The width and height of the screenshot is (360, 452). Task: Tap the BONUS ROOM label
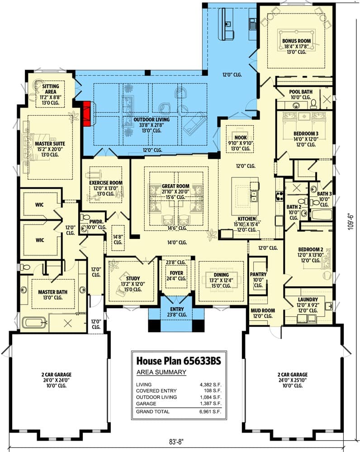296,41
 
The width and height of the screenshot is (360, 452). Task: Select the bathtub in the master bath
34,323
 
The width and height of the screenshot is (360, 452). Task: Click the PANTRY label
258,274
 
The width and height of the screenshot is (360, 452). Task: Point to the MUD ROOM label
262,310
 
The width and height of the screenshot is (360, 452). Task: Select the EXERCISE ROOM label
106,183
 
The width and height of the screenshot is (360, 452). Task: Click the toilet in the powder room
84,218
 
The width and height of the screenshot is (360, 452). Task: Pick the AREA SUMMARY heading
161,372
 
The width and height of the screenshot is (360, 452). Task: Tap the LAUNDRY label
308,300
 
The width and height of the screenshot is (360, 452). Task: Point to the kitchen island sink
254,196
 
